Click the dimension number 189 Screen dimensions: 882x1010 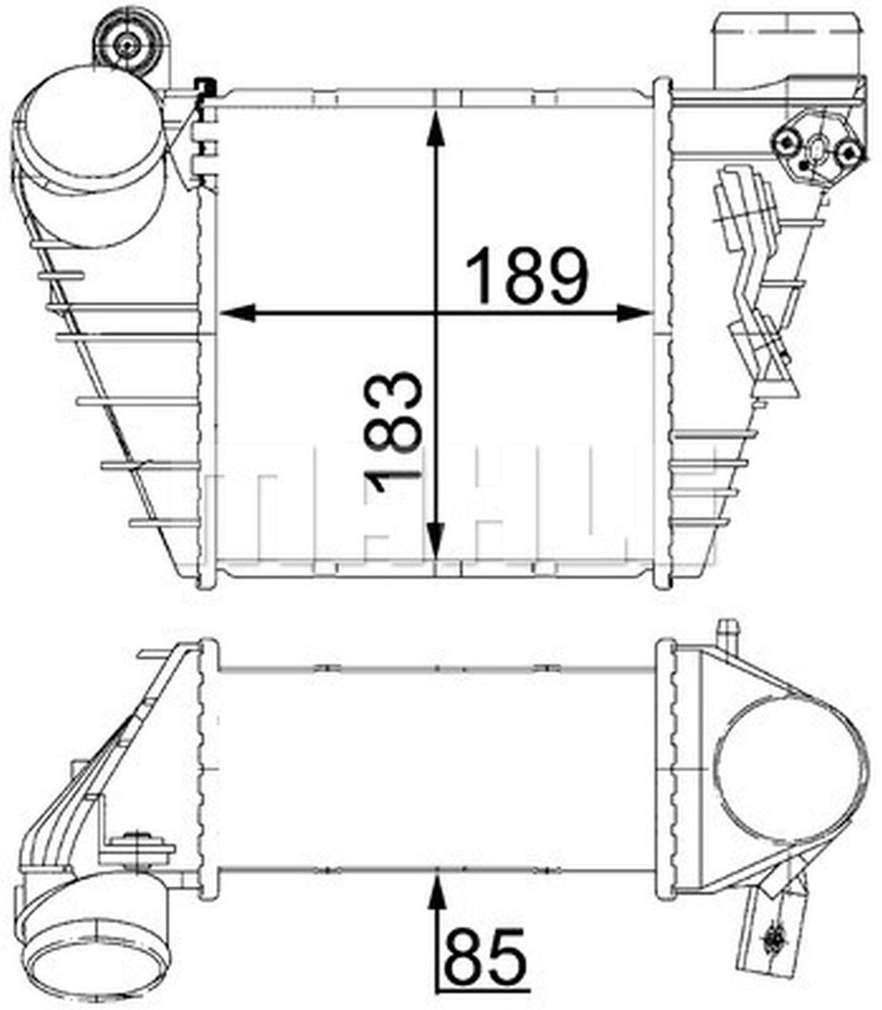(527, 276)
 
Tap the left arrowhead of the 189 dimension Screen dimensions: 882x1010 (238, 313)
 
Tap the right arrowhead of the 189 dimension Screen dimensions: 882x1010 (634, 313)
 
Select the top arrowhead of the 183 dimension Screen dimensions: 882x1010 (435, 129)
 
